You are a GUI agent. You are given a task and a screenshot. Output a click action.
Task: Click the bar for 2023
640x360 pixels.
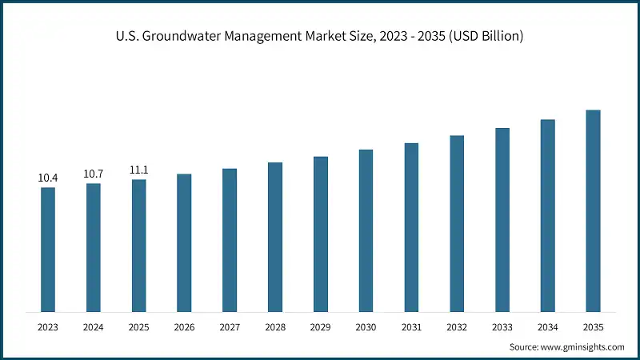coord(48,250)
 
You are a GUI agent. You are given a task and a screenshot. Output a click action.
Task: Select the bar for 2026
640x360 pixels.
coord(184,242)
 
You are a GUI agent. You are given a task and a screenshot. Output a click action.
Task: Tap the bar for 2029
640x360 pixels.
coord(320,234)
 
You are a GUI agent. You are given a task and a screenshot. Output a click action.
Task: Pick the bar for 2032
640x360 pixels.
coord(457,223)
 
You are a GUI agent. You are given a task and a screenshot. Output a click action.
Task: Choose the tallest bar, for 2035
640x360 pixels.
coord(593,210)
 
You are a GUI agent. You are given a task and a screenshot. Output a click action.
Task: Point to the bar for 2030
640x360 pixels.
coord(366,230)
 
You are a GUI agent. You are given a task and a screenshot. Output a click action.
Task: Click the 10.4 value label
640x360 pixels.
coord(48,177)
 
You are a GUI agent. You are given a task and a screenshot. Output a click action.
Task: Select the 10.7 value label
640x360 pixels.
coord(94,174)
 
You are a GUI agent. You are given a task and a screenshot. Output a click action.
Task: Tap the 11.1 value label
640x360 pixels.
coord(139,170)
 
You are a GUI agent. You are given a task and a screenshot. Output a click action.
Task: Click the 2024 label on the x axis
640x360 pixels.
coord(94,327)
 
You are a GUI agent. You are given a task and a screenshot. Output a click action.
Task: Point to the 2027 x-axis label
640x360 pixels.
coord(230,327)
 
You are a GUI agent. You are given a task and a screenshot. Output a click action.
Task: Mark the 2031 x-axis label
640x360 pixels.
coord(411,327)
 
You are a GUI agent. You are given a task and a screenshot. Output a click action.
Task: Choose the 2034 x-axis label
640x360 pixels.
coord(547,327)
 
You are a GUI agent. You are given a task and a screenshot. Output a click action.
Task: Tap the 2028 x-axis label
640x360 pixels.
coord(275,327)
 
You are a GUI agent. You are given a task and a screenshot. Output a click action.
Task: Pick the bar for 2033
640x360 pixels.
coord(502,219)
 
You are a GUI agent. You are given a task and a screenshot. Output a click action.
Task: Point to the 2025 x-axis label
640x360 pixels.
coord(139,327)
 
